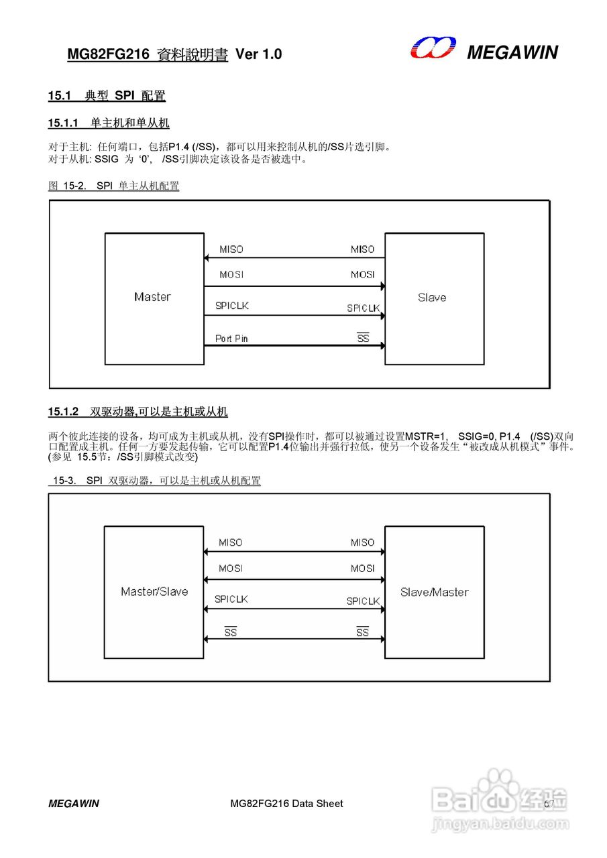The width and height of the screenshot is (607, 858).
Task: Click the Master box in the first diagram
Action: click(154, 298)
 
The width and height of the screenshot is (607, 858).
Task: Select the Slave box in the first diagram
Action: click(434, 298)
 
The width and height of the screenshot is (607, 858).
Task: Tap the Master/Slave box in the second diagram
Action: click(154, 592)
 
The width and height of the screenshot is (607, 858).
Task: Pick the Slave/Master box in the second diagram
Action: click(434, 592)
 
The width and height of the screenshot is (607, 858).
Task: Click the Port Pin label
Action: click(231, 339)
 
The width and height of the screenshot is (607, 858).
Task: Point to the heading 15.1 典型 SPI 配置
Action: click(107, 96)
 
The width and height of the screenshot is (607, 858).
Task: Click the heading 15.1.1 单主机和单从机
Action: click(109, 123)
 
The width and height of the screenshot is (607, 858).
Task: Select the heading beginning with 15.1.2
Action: click(137, 411)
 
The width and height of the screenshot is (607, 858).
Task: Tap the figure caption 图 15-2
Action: click(114, 186)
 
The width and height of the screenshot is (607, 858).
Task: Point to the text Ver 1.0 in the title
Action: click(259, 54)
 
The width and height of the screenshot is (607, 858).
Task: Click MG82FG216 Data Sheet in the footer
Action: click(286, 803)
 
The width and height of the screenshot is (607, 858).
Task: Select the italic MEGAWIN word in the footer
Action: click(74, 803)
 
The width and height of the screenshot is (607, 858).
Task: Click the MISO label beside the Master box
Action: click(231, 249)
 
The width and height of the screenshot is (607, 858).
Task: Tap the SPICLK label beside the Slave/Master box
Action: click(363, 601)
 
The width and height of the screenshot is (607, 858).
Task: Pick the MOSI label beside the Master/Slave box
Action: click(231, 568)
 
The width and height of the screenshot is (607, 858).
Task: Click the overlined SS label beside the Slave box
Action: click(363, 339)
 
